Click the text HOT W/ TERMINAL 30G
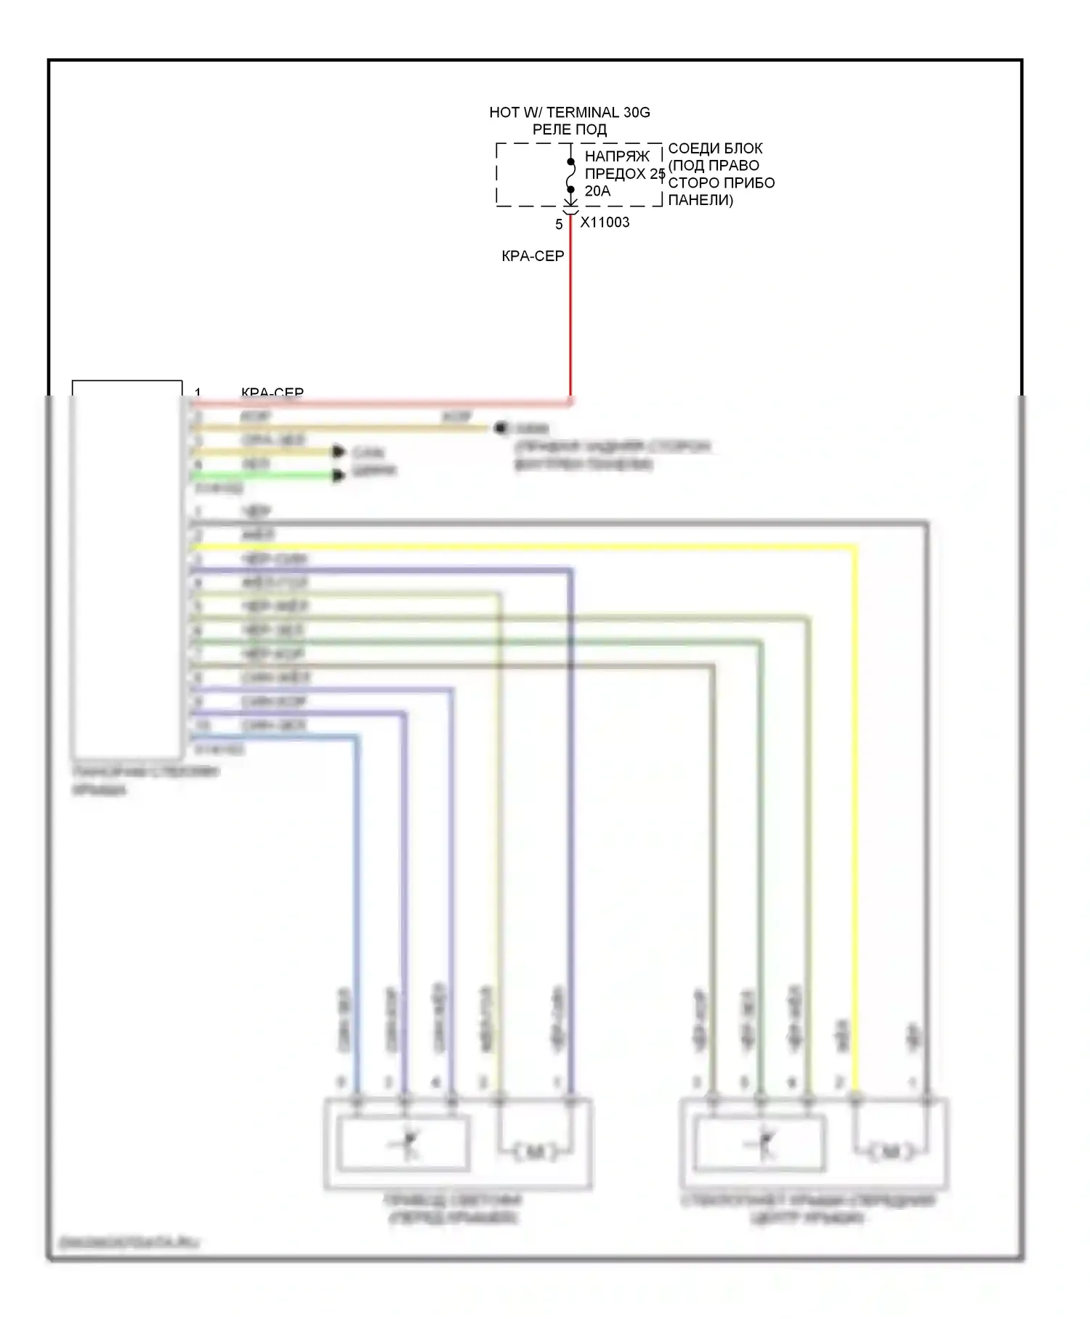click(x=569, y=113)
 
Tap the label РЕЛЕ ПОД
click(x=569, y=130)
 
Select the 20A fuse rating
click(x=597, y=191)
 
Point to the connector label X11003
click(x=605, y=222)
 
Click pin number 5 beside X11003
click(x=559, y=225)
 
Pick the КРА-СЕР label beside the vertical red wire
click(x=533, y=256)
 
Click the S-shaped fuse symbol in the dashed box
click(x=570, y=175)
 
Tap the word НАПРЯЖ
click(x=617, y=156)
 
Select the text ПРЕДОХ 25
click(x=624, y=174)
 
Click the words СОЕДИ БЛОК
click(x=715, y=148)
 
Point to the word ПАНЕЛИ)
click(x=700, y=200)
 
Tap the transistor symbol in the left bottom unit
click(x=405, y=1145)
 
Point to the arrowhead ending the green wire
click(x=339, y=476)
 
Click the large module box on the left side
click(x=127, y=567)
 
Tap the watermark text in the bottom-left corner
click(x=126, y=1243)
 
